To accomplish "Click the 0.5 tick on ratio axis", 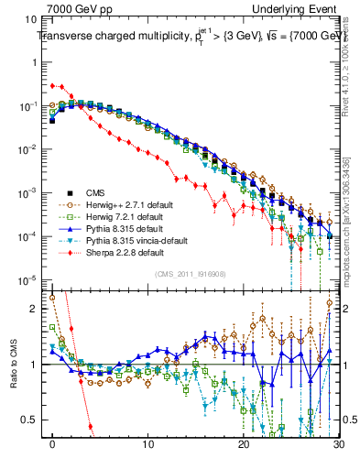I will tap(35, 420).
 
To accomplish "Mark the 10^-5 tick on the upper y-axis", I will tap(31, 280).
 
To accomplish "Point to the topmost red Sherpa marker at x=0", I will tap(53, 85).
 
